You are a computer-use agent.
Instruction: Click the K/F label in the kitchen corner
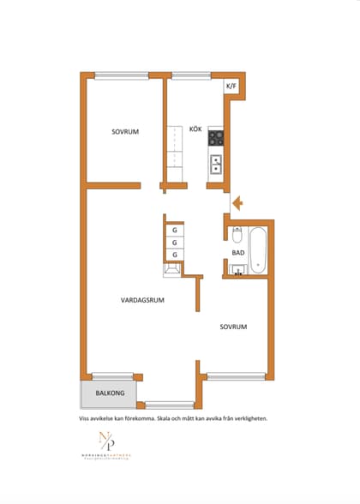coord(231,87)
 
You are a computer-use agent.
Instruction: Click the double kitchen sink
coord(216,164)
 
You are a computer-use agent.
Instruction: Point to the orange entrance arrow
coord(239,203)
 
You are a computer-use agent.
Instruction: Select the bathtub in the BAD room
coord(259,249)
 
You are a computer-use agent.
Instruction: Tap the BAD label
coord(237,254)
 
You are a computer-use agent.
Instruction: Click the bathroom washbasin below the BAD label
coord(237,271)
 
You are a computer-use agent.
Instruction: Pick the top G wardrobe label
coord(175,230)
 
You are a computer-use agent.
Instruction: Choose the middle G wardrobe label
coord(175,243)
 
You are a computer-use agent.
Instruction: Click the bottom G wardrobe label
coord(175,255)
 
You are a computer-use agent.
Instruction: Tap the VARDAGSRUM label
coord(142,300)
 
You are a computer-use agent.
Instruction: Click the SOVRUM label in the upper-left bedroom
coord(125,132)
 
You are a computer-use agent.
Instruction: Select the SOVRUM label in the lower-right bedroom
coord(233,327)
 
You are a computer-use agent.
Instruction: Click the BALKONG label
coord(110,393)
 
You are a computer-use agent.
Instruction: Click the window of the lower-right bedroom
coord(236,375)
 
